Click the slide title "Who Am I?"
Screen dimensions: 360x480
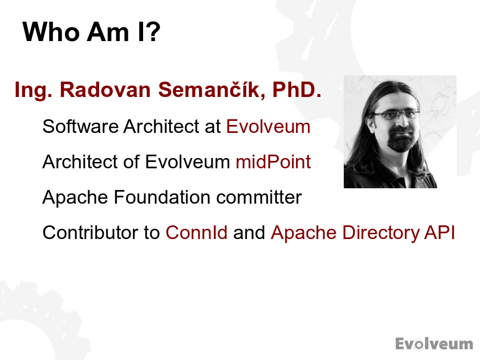tap(91, 33)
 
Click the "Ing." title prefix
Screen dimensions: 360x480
tap(34, 90)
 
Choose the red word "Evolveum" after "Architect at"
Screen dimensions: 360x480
tap(268, 126)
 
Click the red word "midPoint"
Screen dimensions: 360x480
tap(274, 162)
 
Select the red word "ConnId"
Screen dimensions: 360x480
tap(197, 233)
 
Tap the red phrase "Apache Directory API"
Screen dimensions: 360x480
tap(363, 233)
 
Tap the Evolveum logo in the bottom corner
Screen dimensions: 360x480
tap(434, 343)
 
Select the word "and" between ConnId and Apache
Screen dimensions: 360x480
tap(249, 233)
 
